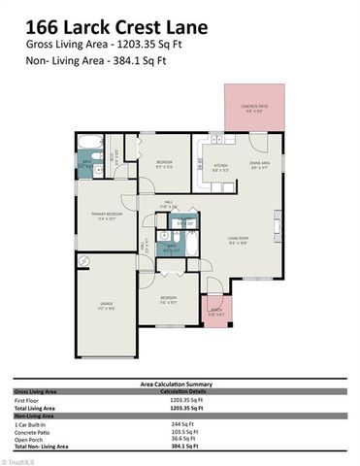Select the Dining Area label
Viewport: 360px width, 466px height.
click(x=259, y=164)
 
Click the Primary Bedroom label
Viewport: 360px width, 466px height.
click(x=107, y=215)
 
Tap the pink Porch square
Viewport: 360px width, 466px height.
click(x=215, y=312)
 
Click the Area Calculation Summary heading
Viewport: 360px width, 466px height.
click(x=180, y=384)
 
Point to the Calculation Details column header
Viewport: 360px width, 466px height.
click(x=197, y=391)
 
